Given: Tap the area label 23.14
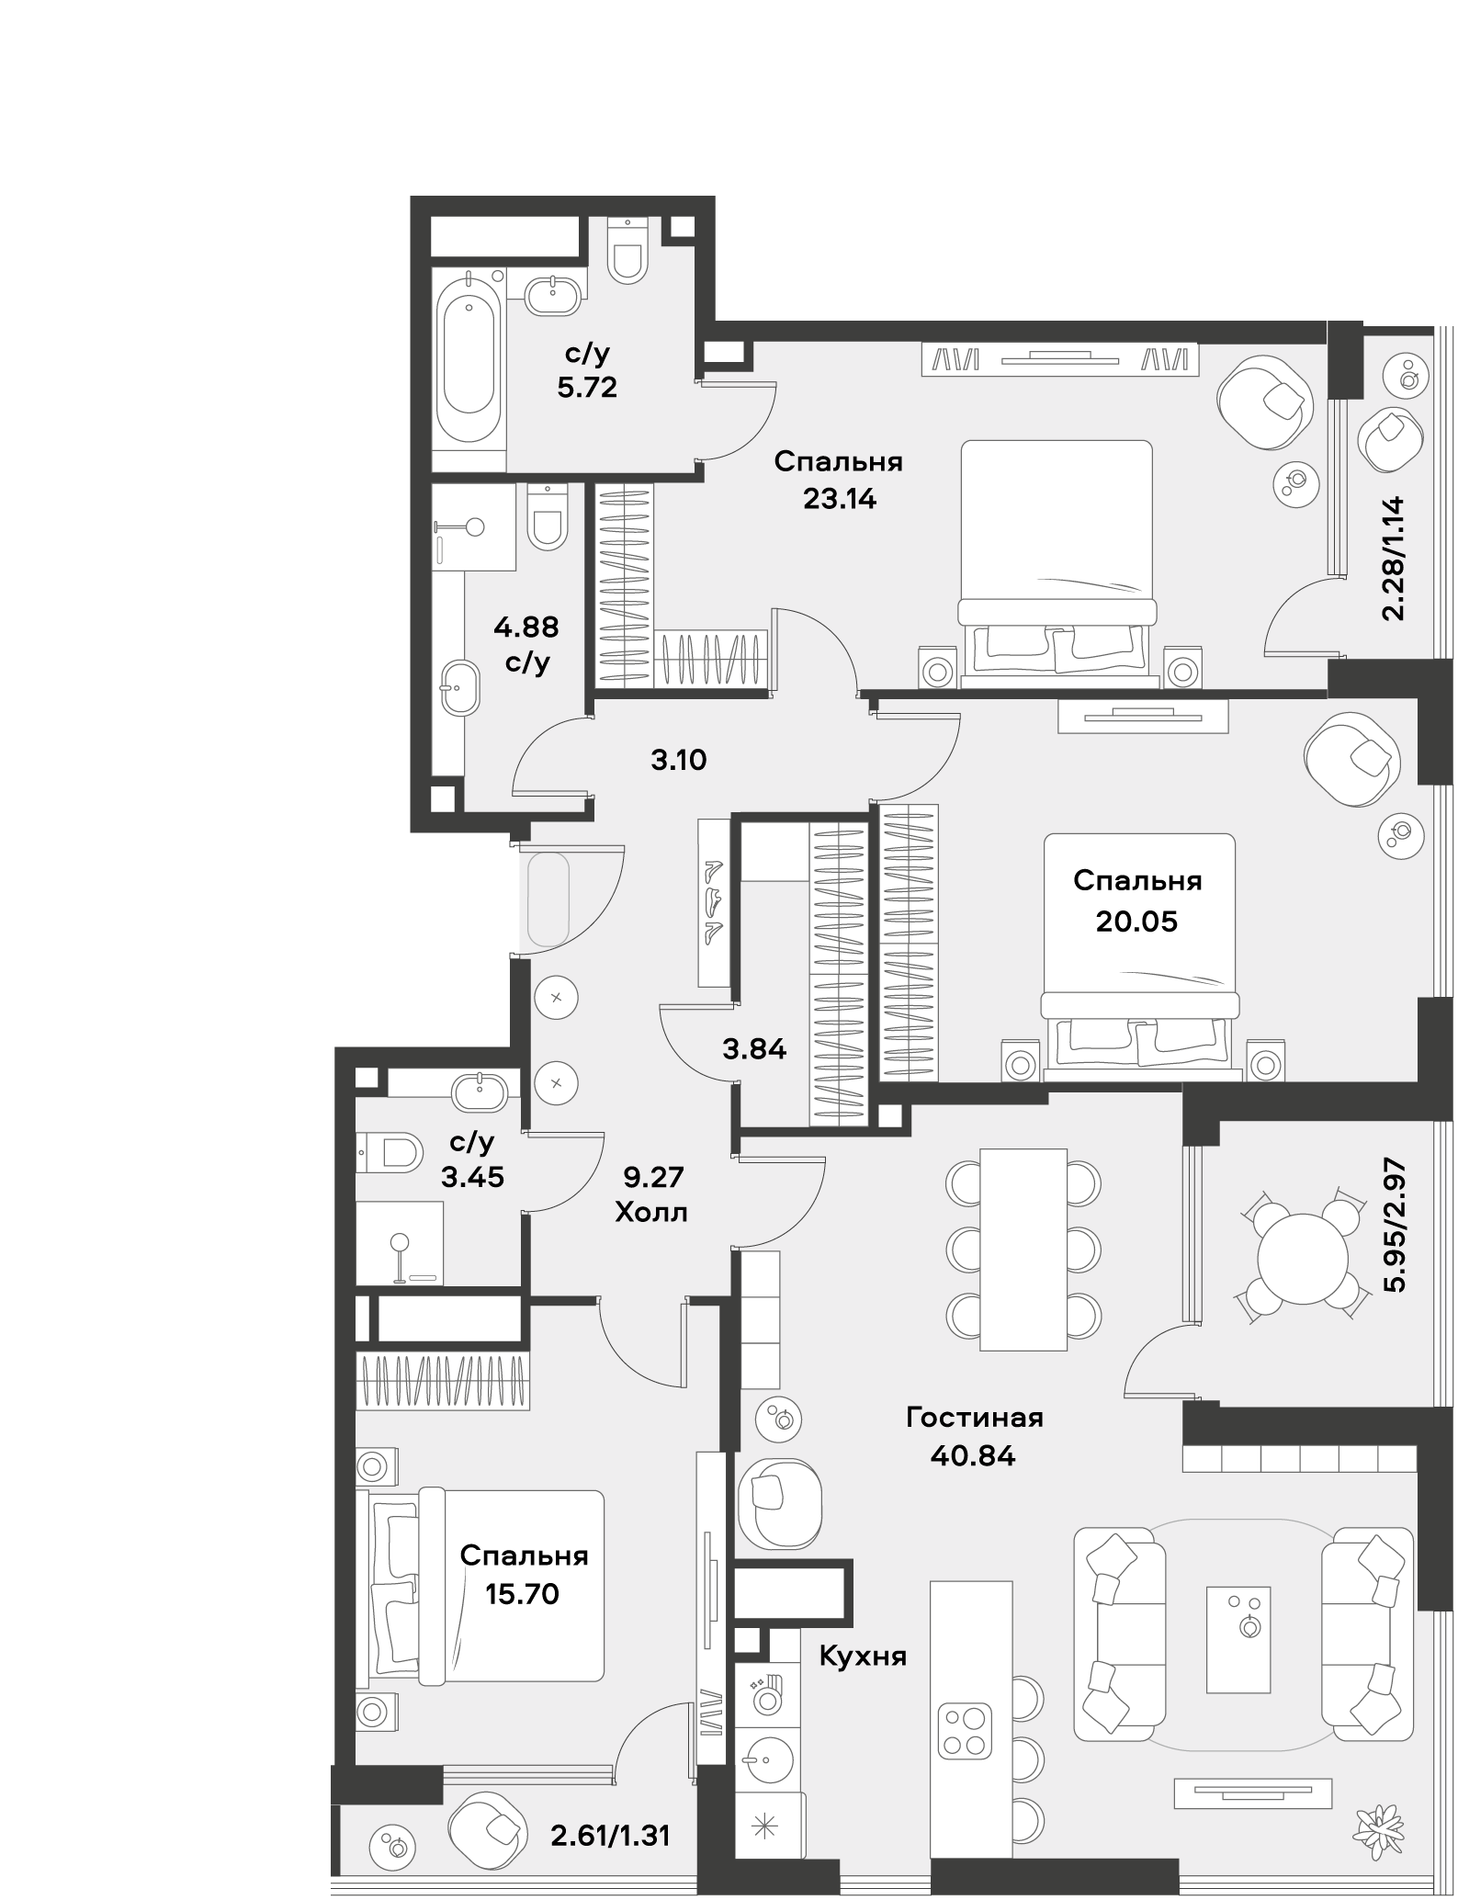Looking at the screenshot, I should tap(839, 499).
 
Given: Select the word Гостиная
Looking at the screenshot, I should tap(974, 1418).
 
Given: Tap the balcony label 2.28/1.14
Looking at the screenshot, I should tap(1395, 560).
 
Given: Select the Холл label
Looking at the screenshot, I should tap(650, 1213).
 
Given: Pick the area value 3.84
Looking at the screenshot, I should tap(754, 1048).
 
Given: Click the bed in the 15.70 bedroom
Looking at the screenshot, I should tap(487, 1587).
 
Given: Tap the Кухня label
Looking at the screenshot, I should tap(862, 1657).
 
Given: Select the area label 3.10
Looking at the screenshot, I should tap(678, 760).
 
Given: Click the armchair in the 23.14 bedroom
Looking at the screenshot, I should tap(1262, 401).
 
